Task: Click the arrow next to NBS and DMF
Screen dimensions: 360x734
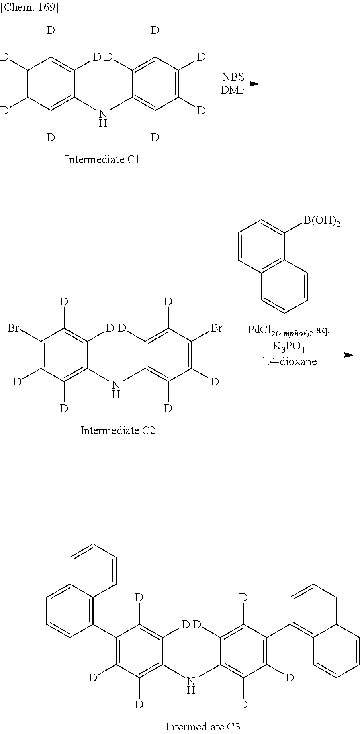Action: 238,84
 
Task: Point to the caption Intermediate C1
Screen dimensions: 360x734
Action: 102,159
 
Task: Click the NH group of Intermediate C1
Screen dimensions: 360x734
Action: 103,119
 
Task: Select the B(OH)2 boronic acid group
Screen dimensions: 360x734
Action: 321,221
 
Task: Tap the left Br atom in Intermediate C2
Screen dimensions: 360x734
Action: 13,328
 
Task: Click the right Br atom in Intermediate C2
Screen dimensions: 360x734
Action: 216,328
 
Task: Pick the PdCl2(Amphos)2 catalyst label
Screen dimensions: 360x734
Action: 288,330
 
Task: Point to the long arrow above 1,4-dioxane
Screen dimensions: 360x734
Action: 293,355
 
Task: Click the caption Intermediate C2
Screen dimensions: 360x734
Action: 118,430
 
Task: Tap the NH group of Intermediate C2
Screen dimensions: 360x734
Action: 116,390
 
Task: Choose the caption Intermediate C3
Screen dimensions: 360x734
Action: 202,727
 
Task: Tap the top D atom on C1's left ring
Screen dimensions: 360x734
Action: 51,30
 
